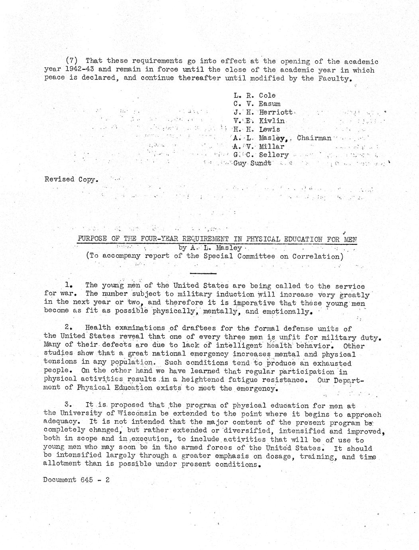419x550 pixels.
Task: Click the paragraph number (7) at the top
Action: coord(71,61)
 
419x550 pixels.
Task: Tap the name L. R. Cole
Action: coord(254,96)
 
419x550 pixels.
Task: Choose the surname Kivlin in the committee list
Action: coord(271,121)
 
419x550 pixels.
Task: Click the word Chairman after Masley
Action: coord(314,138)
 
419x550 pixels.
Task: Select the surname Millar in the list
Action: coord(271,146)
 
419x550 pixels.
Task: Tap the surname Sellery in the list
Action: coord(273,155)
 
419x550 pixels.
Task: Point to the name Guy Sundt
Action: coord(252,163)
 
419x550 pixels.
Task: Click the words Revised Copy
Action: coord(71,179)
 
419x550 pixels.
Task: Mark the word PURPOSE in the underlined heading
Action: coord(92,239)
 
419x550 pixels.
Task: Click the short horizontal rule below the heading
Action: coord(203,273)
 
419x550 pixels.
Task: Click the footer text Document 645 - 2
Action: coord(77,480)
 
